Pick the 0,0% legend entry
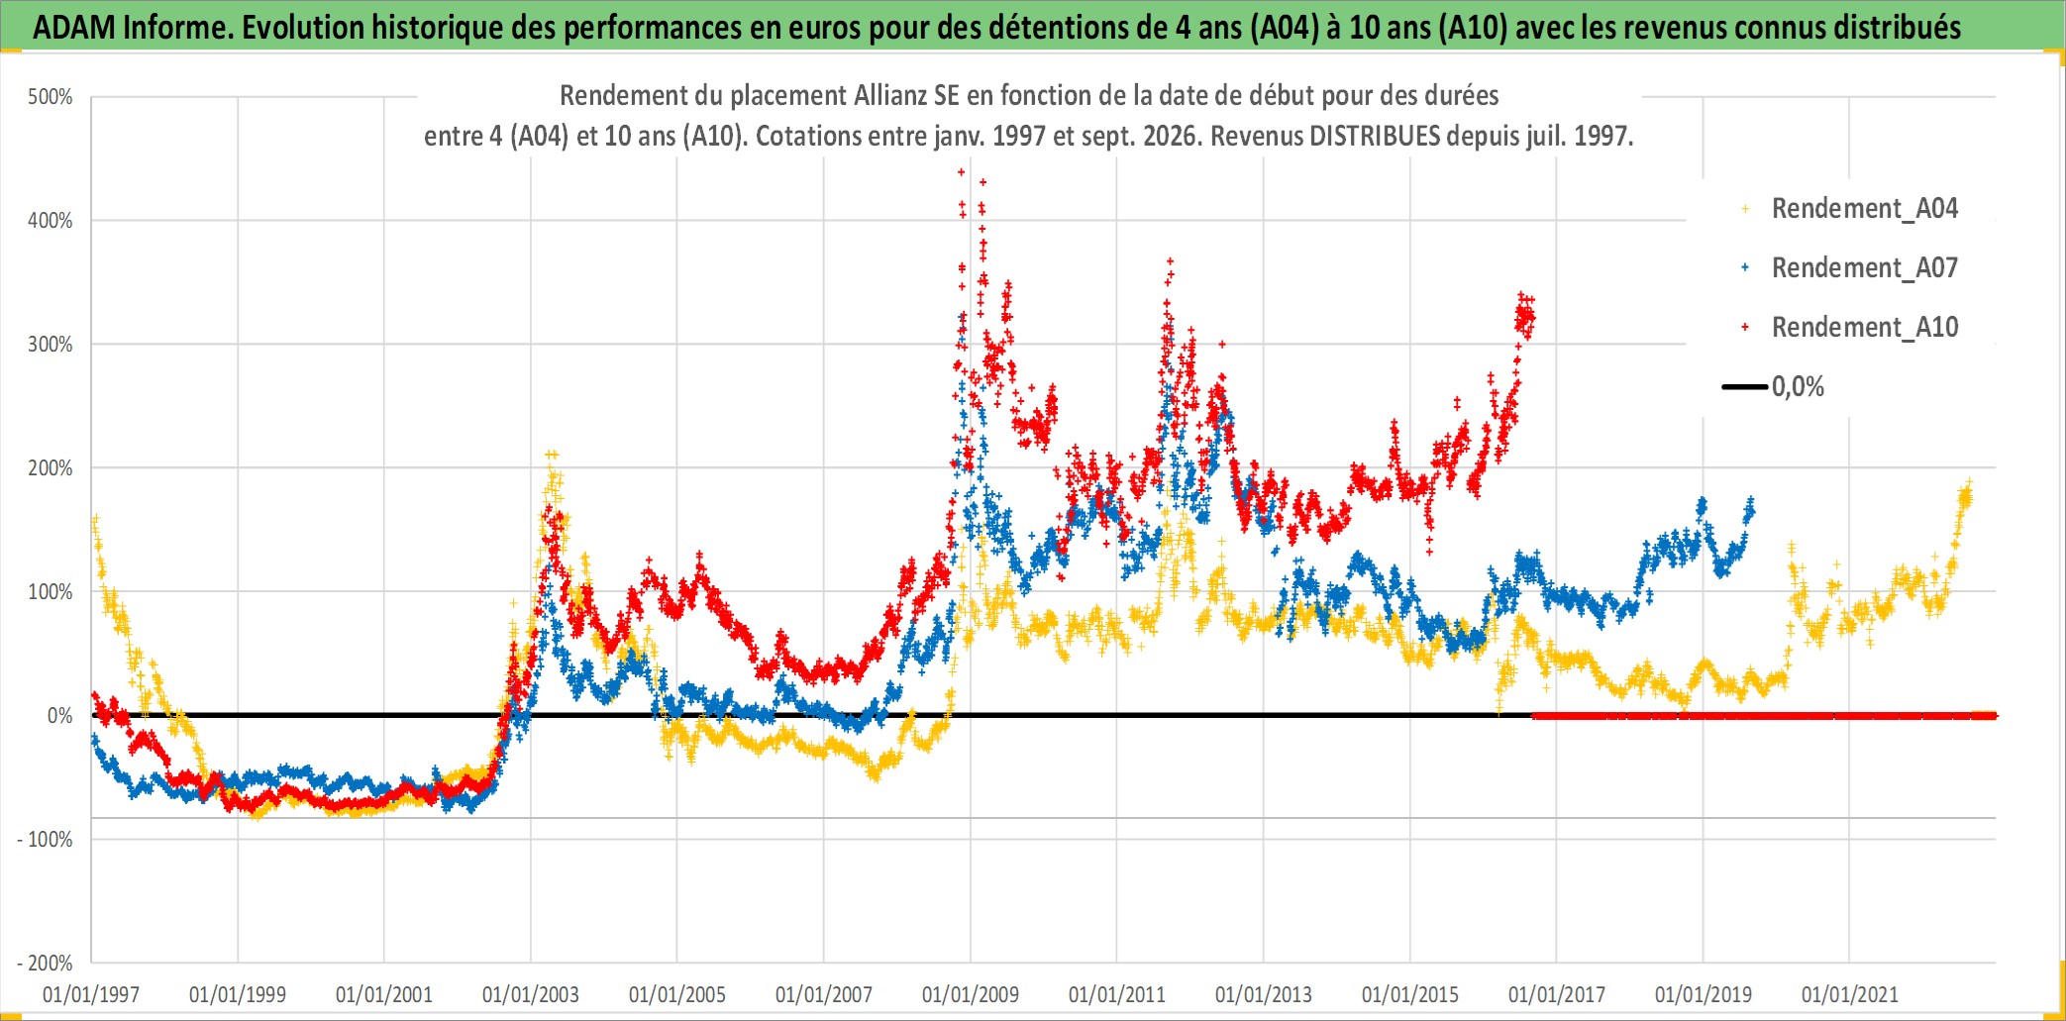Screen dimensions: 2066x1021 1773,386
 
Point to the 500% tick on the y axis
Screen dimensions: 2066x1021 51,97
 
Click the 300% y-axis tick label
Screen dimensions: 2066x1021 51,345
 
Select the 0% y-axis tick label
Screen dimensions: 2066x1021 60,716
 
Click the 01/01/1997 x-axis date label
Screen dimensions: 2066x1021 91,994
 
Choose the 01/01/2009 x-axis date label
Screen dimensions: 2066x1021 971,994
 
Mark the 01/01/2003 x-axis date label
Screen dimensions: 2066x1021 531,994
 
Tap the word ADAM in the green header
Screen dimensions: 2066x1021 74,28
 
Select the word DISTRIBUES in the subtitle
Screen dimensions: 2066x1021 1375,136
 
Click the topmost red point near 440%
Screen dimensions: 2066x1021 961,172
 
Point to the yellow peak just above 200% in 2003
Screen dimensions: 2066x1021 552,455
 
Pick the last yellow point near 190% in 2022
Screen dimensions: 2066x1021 1969,482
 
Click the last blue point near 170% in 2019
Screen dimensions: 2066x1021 1751,500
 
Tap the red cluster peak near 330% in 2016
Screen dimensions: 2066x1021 1521,294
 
